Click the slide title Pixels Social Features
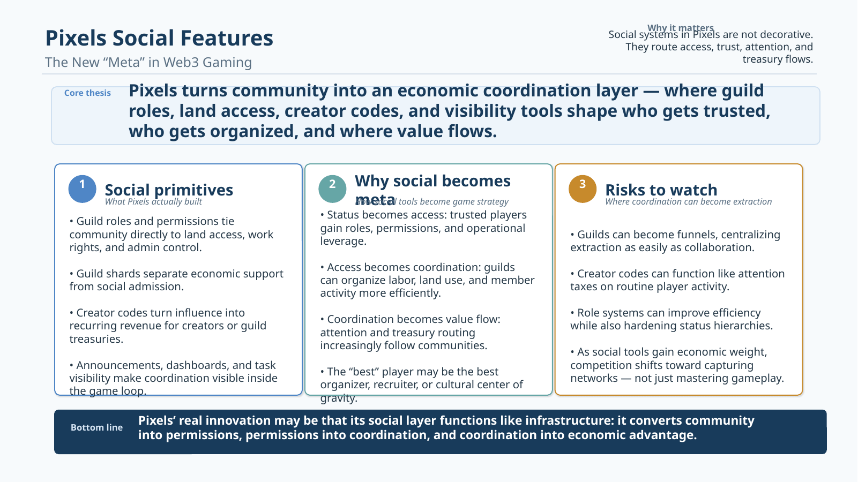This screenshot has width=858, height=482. pyautogui.click(x=159, y=39)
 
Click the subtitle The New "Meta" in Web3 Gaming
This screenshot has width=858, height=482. pyautogui.click(x=148, y=63)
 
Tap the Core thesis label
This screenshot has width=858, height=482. pyautogui.click(x=87, y=93)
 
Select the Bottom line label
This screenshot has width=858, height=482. pyautogui.click(x=96, y=427)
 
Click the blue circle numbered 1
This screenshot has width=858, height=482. pyautogui.click(x=82, y=189)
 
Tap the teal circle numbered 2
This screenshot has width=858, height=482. pyautogui.click(x=332, y=189)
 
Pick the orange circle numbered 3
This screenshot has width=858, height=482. pyautogui.click(x=583, y=189)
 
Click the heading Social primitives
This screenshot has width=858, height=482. pyautogui.click(x=169, y=190)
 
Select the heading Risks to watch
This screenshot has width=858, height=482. pyautogui.click(x=661, y=190)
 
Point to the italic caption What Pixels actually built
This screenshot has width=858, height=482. pyautogui.click(x=153, y=202)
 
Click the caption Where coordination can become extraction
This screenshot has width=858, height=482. pyautogui.click(x=688, y=202)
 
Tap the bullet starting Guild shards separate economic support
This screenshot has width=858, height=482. pyautogui.click(x=176, y=280)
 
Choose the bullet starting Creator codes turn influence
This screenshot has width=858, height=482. pyautogui.click(x=168, y=326)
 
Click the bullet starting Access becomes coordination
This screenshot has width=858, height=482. pyautogui.click(x=427, y=280)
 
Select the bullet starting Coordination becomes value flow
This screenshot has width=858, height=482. pyautogui.click(x=410, y=332)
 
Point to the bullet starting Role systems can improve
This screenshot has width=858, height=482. pyautogui.click(x=672, y=319)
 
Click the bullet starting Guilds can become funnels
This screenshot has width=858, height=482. pyautogui.click(x=675, y=241)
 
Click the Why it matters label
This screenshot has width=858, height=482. pyautogui.click(x=680, y=27)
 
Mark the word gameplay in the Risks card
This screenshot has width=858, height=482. pyautogui.click(x=758, y=379)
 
